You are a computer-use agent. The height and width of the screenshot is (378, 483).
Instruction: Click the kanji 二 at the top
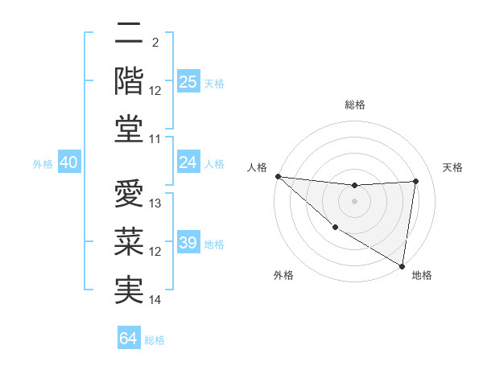tap(129, 35)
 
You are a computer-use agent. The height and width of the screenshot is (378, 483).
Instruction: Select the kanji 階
tap(129, 80)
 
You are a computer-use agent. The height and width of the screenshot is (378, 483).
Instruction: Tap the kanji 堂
tap(129, 129)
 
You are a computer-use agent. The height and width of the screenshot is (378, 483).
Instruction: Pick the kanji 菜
tap(129, 242)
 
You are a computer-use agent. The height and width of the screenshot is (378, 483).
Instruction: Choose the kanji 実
tap(129, 290)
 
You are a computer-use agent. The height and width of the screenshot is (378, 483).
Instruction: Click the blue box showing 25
tap(188, 82)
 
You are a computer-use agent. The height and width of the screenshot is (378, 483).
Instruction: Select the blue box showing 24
tap(188, 162)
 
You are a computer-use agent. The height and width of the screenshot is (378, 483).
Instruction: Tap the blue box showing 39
tap(188, 243)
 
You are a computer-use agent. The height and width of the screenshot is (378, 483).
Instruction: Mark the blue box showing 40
tap(68, 163)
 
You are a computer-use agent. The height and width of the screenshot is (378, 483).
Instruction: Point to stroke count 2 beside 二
tap(155, 42)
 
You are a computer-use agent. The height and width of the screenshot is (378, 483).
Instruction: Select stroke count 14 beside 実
tap(155, 300)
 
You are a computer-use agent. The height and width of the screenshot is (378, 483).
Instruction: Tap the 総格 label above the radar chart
tap(354, 105)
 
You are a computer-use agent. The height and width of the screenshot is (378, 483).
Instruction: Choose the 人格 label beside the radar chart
tap(257, 167)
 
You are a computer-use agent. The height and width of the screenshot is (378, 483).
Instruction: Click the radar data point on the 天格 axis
tap(416, 181)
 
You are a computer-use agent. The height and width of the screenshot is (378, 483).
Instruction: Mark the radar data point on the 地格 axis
tap(402, 265)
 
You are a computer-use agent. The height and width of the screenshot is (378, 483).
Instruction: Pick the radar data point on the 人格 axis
tap(278, 176)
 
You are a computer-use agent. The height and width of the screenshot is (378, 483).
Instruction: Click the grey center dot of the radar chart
tap(354, 201)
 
